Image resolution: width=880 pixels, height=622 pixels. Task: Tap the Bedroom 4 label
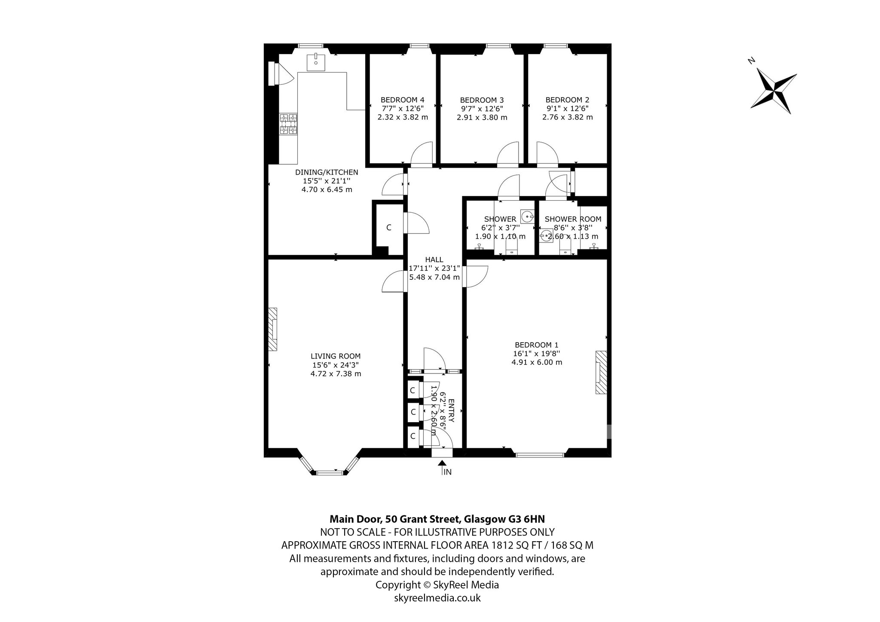click(x=403, y=100)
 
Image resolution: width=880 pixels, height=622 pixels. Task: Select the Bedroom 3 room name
click(x=482, y=100)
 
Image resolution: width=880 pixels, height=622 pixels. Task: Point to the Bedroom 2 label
click(x=567, y=100)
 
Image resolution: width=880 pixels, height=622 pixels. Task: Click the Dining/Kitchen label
click(x=327, y=172)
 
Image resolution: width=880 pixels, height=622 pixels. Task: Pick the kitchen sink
click(x=316, y=62)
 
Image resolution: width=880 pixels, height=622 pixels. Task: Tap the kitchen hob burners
click(x=288, y=124)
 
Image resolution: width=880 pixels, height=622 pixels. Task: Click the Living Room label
click(x=336, y=356)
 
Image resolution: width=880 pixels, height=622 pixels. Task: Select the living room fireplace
click(x=273, y=329)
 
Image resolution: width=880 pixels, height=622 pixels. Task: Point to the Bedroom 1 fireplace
click(x=601, y=372)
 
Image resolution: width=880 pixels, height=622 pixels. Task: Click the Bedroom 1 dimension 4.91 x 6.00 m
click(x=537, y=362)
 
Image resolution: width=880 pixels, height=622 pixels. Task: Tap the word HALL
click(x=434, y=260)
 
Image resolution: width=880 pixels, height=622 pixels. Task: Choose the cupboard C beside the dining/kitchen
click(x=388, y=227)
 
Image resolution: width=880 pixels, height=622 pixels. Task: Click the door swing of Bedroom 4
click(x=422, y=154)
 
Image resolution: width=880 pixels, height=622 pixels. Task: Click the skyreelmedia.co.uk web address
click(x=437, y=598)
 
